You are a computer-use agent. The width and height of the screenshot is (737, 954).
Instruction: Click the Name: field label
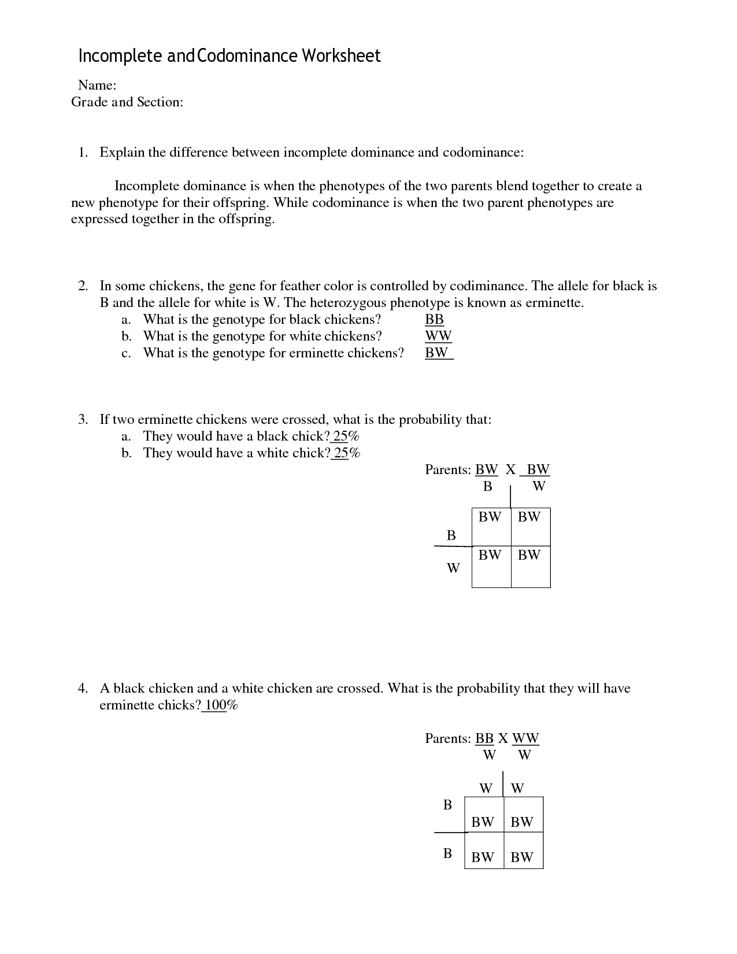tap(97, 86)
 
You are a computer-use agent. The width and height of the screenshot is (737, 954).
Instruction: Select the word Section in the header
tap(160, 102)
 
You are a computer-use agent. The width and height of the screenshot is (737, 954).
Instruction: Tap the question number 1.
tap(83, 153)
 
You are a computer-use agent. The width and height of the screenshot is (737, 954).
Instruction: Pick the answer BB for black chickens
tap(434, 319)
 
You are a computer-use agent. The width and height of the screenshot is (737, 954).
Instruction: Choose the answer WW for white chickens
tap(438, 336)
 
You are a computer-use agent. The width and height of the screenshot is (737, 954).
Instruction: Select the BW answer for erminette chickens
tap(437, 353)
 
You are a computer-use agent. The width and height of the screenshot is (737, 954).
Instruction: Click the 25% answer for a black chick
tap(347, 436)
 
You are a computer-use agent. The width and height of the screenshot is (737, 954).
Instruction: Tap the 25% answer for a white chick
tap(347, 453)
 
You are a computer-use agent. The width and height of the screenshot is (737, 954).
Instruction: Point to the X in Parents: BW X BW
tap(510, 469)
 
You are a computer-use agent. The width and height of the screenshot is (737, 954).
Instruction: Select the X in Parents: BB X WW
tap(503, 738)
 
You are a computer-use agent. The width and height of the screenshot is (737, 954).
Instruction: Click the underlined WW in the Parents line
tap(525, 738)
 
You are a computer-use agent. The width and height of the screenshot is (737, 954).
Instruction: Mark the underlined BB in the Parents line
tap(484, 738)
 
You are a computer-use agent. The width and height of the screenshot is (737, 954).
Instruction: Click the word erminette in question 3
tap(165, 419)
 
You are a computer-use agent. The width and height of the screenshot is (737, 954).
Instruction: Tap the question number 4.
tap(83, 689)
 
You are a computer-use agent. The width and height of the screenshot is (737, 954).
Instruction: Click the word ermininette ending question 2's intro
tap(554, 302)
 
